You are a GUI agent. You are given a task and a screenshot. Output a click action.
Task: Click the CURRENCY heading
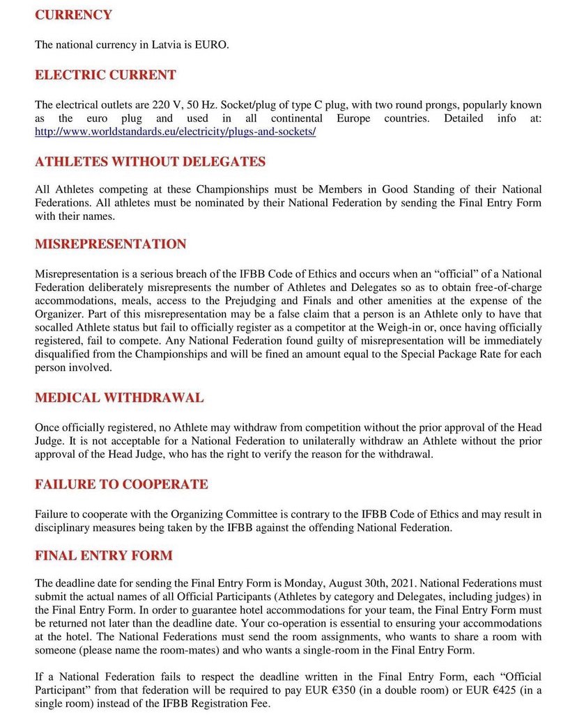73,15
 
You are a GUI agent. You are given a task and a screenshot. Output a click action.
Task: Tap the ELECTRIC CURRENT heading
105,74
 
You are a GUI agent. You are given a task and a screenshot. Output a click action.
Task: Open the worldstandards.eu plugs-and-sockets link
176,132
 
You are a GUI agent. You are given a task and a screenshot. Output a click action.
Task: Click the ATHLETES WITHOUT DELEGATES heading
150,161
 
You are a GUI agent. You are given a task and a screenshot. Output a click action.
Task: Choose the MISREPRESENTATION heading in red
111,244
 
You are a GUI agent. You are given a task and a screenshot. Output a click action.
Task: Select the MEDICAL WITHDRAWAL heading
119,398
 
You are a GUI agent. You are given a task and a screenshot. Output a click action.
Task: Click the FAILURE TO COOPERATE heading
121,484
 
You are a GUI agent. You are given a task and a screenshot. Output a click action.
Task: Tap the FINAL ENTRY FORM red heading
104,556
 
